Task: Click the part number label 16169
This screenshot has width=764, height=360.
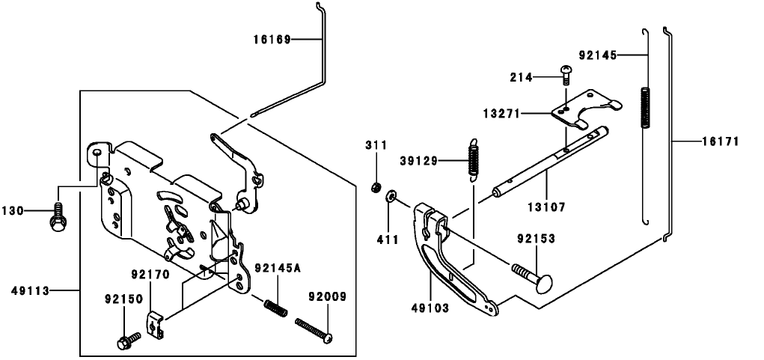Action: tap(272, 39)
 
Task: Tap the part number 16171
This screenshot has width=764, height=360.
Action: tap(721, 141)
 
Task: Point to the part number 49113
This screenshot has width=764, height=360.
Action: tap(31, 290)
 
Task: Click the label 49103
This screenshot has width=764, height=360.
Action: tap(431, 307)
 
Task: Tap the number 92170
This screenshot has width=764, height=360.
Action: tap(150, 274)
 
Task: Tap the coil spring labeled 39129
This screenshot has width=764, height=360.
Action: tap(472, 160)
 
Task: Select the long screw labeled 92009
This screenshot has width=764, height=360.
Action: tap(314, 330)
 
